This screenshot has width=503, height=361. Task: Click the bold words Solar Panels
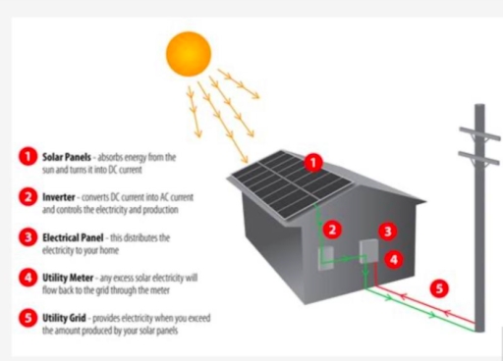click(x=68, y=156)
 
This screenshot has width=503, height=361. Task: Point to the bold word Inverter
click(x=60, y=196)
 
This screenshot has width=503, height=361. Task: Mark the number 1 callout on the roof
click(x=312, y=161)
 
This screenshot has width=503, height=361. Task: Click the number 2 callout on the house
click(x=333, y=230)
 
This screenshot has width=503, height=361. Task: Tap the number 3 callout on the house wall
click(x=388, y=232)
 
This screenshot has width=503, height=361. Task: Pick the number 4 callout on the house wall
click(x=393, y=260)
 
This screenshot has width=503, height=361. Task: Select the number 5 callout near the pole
click(x=439, y=289)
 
